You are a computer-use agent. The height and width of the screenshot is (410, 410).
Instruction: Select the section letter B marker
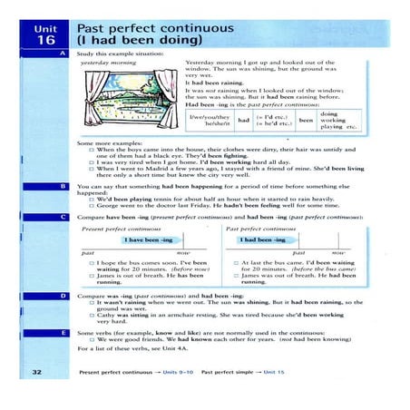pos(63,184)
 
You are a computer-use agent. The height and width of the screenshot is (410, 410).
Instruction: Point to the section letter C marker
pos(63,218)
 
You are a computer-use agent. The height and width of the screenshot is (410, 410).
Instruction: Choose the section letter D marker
pos(63,296)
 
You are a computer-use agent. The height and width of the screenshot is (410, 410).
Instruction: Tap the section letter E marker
pos(63,332)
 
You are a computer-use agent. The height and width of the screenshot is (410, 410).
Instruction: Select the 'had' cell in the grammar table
pos(242,120)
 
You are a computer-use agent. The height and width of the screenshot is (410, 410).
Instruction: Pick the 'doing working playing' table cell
pos(337,120)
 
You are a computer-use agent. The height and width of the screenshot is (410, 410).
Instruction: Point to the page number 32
pos(36,372)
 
